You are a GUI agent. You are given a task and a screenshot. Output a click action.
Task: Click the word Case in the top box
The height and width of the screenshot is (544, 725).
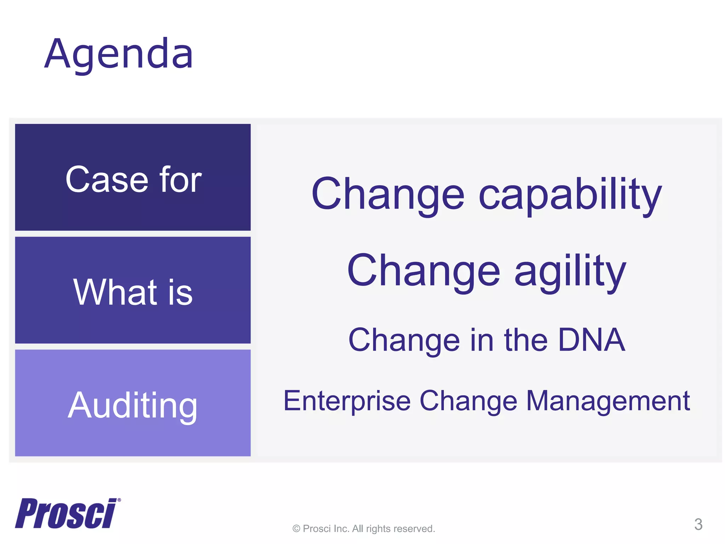(106, 180)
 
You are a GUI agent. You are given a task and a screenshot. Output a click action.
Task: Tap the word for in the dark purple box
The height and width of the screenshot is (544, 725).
(181, 180)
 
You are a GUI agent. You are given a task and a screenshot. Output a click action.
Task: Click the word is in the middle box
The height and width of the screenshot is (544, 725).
(180, 293)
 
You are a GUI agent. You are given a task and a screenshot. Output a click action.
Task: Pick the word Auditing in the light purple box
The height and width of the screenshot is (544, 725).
(132, 406)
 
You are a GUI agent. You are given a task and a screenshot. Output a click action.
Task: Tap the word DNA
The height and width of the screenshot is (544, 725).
(592, 340)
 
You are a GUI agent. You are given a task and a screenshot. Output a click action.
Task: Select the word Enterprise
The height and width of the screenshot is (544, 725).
(347, 401)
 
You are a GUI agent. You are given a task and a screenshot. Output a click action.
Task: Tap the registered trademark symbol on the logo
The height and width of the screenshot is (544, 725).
(119, 500)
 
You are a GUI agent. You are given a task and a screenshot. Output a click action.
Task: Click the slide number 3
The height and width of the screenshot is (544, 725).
(698, 524)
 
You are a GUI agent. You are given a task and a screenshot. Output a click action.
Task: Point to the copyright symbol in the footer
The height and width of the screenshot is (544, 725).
(296, 529)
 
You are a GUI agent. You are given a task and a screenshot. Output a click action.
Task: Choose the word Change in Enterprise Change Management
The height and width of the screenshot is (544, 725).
(468, 401)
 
